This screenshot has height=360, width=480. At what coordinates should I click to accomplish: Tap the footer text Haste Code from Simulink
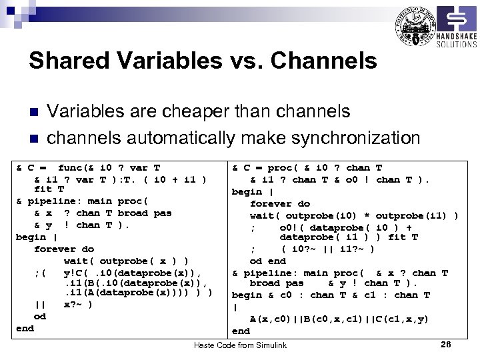click(240, 345)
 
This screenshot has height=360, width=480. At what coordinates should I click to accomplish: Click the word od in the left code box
click(40, 317)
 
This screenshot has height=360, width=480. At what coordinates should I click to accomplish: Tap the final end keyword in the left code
click(25, 328)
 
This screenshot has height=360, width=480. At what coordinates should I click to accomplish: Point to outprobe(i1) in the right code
click(413, 215)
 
